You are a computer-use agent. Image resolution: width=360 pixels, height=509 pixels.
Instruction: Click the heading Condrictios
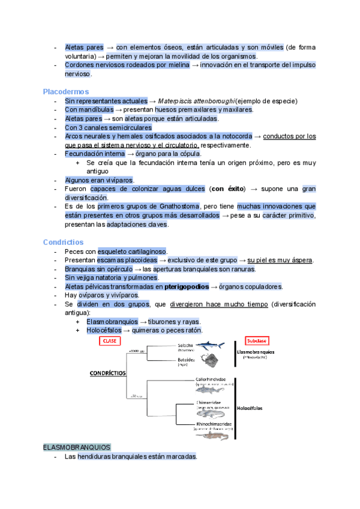pyautogui.click(x=62, y=242)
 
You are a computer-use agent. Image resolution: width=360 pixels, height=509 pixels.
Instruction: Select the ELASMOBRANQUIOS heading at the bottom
pyautogui.click(x=76, y=447)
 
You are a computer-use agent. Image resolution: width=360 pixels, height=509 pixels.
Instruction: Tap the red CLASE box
pyautogui.click(x=110, y=341)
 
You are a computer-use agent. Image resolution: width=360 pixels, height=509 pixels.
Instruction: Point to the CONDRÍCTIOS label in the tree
pyautogui.click(x=107, y=372)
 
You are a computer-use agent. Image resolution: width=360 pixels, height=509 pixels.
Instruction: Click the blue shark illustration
pyautogui.click(x=206, y=346)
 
